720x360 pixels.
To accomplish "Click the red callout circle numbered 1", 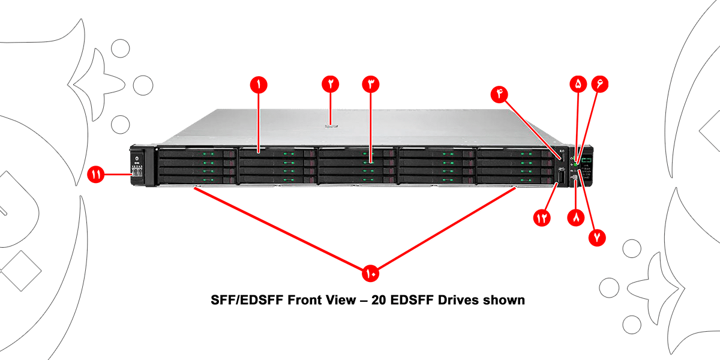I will point(259,85).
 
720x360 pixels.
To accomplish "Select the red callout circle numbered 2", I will point(331,85).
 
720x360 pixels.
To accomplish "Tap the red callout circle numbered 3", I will point(371,85).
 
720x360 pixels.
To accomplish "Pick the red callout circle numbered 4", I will point(499,94).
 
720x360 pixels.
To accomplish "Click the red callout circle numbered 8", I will point(575,218).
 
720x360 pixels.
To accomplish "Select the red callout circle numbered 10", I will point(370,274).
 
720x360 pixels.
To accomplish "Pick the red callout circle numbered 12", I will point(542,218).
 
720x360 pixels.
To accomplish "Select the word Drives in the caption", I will point(445,300).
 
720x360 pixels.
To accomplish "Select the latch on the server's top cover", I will point(331,126).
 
